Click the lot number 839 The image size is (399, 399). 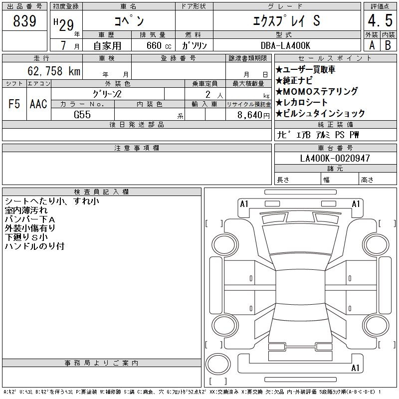(x=24, y=20)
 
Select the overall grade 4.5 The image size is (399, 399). (x=380, y=20)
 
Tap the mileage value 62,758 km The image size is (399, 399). (x=54, y=71)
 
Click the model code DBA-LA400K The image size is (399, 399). (x=285, y=45)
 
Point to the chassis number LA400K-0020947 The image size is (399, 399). (x=335, y=158)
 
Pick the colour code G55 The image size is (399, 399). (x=82, y=115)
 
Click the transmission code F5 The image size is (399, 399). (x=14, y=104)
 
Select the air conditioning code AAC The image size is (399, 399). (x=38, y=104)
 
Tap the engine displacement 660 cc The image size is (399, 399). (x=159, y=45)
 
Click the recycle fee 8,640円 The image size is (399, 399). (x=253, y=115)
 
